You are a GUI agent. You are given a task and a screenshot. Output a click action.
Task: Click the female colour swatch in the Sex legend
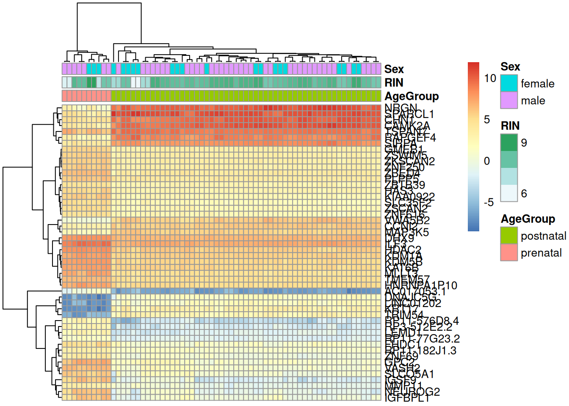(509, 83)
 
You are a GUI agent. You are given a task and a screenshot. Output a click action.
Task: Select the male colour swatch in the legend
(509, 100)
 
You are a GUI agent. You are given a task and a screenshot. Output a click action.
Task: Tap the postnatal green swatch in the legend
(509, 236)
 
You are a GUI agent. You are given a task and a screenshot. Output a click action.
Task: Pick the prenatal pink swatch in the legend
(509, 252)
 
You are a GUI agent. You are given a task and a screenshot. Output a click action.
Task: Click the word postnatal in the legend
(543, 236)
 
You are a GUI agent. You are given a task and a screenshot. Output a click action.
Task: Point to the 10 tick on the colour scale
(490, 78)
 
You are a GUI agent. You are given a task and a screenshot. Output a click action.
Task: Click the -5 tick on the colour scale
(489, 203)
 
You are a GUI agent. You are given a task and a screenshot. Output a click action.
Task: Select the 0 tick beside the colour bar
(487, 161)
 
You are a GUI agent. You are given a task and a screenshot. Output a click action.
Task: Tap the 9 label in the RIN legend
(524, 143)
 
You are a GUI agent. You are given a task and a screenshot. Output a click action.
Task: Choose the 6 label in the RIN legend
(524, 194)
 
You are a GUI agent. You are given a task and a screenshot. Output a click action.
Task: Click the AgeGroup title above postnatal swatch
(528, 219)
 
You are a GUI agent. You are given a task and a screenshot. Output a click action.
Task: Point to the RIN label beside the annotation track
(394, 82)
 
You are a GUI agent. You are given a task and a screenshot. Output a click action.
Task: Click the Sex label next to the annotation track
(394, 69)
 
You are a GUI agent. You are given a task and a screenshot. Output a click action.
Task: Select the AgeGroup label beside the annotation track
(412, 96)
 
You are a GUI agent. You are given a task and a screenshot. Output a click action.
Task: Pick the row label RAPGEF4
(410, 137)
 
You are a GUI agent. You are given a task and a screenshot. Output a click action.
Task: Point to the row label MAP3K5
(407, 232)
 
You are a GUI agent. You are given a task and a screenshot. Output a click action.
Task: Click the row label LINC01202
(413, 303)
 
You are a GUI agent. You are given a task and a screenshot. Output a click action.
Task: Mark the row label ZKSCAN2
(409, 161)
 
